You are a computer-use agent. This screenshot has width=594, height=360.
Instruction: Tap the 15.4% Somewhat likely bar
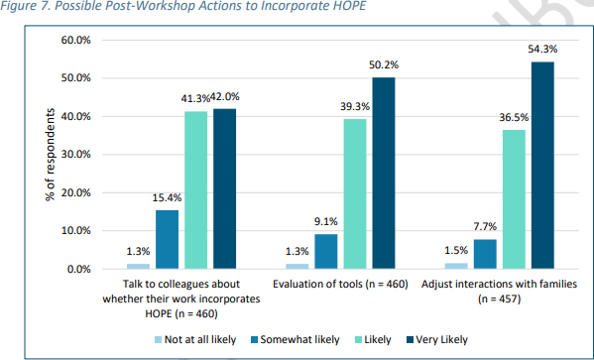168,239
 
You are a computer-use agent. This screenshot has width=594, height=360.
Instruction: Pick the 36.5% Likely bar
513,198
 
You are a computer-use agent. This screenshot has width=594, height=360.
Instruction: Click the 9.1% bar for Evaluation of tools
325,251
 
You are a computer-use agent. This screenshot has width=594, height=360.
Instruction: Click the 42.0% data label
225,96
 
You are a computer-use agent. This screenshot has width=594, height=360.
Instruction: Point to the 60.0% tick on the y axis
76,40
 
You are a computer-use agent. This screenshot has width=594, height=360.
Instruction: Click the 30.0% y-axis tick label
76,155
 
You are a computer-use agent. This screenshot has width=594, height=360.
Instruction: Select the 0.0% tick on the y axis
79,269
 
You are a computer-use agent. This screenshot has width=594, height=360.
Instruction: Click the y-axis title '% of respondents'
50,156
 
